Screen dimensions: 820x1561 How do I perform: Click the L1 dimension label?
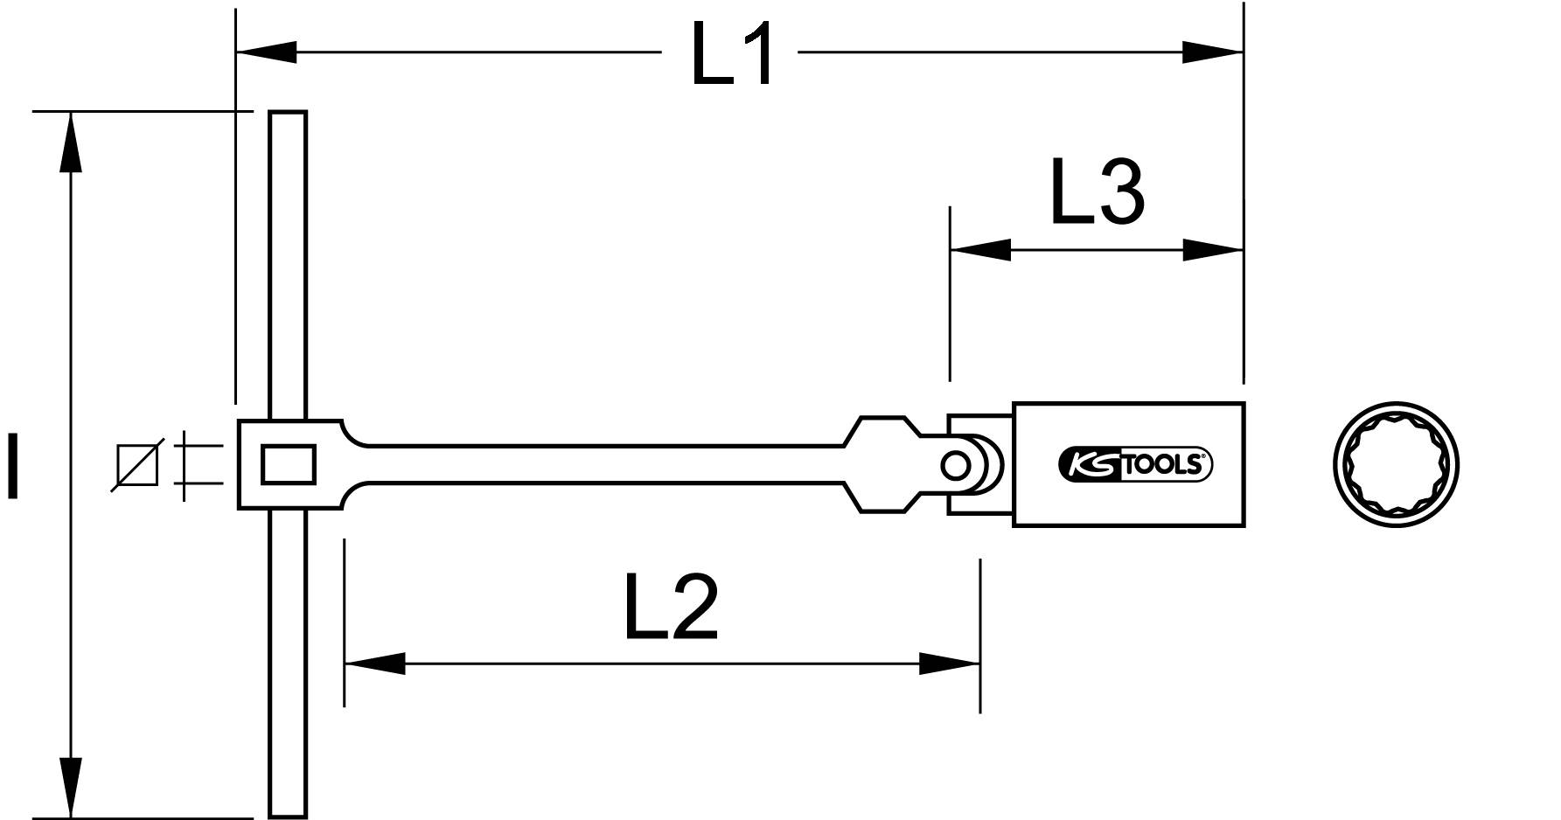pos(733,54)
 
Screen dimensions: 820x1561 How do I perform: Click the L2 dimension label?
pos(671,607)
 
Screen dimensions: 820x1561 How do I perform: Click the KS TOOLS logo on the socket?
pos(1135,465)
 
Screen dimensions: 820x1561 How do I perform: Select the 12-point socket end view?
pos(1397,464)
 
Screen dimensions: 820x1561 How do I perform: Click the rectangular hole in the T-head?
pos(288,464)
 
